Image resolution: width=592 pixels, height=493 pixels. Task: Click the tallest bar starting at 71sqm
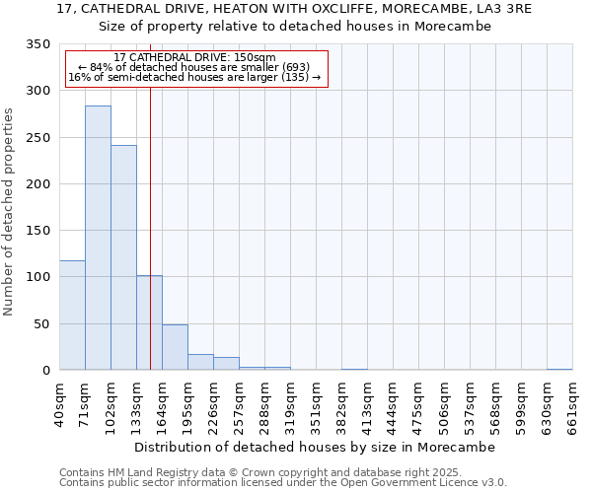coord(98,238)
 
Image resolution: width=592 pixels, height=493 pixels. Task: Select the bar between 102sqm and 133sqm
coord(123,257)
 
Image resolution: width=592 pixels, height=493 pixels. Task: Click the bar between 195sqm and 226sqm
coord(200,362)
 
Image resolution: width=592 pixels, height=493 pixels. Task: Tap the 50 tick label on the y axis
coord(40,324)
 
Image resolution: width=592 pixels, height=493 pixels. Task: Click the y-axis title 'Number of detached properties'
coord(9,212)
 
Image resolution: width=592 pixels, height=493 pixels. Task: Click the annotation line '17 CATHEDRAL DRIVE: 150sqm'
coord(194,57)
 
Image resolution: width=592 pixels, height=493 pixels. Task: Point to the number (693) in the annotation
coord(296,67)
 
